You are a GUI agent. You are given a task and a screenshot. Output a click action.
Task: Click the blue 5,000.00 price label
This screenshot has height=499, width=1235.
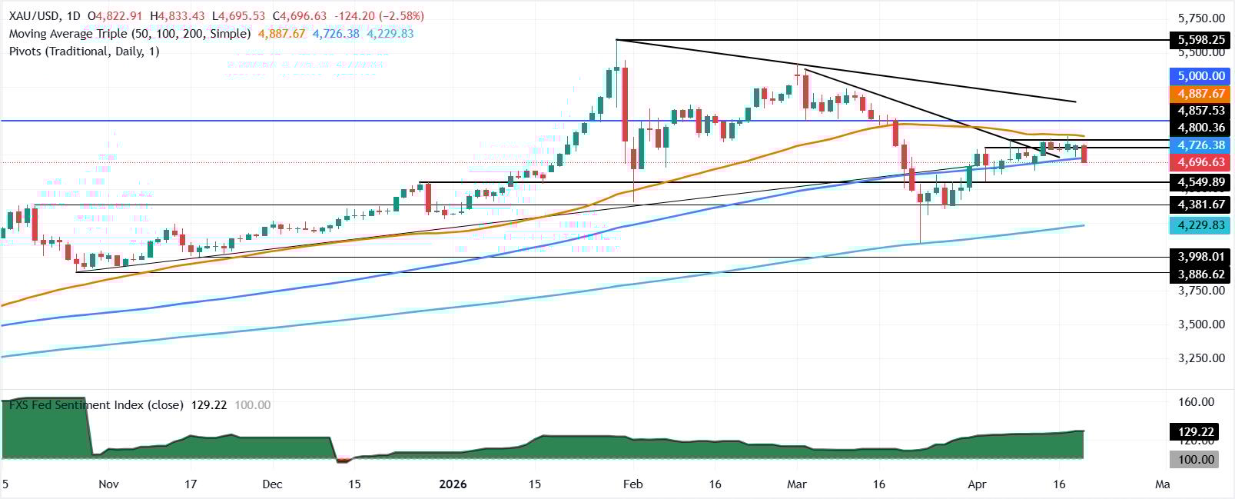pos(1201,76)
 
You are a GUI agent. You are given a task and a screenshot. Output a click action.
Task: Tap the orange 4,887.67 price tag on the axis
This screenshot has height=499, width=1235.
pos(1201,94)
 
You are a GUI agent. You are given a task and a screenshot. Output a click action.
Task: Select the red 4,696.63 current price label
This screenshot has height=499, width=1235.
pos(1201,162)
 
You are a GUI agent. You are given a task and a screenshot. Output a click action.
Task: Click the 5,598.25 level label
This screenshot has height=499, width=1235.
pos(1201,40)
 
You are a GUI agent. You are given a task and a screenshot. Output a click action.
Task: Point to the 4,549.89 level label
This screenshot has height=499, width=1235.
pos(1201,183)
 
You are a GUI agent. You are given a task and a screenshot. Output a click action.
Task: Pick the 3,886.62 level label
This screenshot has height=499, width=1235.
pos(1201,274)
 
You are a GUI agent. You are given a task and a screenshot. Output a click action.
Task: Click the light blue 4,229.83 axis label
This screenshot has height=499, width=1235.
pos(1201,225)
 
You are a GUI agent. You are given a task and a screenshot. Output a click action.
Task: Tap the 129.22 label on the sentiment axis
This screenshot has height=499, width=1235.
pos(1201,432)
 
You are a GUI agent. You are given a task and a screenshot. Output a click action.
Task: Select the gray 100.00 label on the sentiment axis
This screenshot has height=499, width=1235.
pos(1201,460)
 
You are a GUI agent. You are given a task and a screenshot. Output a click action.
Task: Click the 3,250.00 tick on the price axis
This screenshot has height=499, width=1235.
pos(1201,358)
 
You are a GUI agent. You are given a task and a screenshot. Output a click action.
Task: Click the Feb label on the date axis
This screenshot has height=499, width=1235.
pos(632,484)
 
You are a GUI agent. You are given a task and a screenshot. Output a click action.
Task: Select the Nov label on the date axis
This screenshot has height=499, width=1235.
pos(108,484)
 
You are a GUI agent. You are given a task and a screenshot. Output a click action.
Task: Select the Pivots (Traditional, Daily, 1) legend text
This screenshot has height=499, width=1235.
pos(85,52)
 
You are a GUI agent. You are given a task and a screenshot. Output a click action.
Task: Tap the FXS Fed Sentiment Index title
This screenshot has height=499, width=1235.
pos(96,405)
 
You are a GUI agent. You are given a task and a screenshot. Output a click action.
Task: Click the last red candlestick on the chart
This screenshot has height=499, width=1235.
pos(1084,154)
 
